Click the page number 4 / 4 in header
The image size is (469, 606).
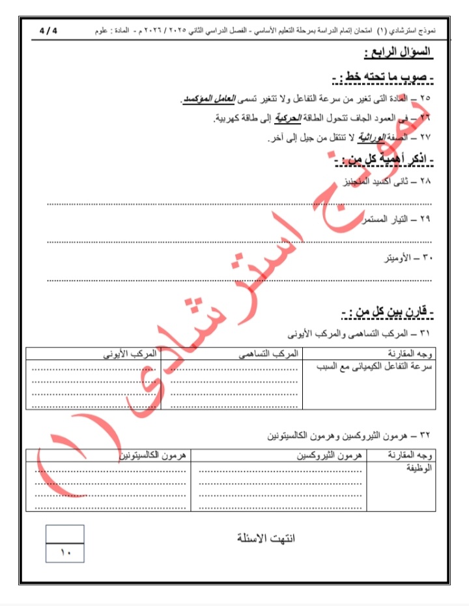click(x=48, y=31)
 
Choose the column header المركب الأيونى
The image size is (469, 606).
click(x=131, y=353)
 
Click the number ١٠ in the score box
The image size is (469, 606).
click(x=65, y=553)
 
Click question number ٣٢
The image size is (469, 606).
click(x=425, y=434)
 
